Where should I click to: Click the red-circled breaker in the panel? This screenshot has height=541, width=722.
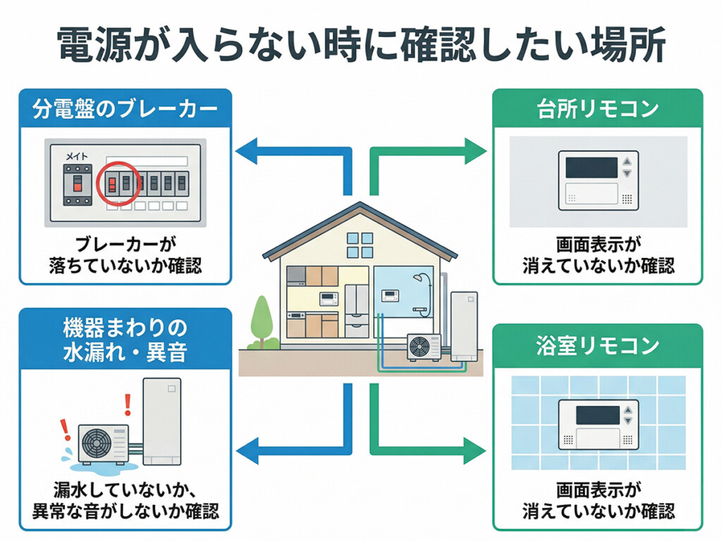(x=117, y=184)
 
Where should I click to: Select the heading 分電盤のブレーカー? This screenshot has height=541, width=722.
(x=124, y=108)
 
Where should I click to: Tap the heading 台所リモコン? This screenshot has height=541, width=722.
(x=597, y=108)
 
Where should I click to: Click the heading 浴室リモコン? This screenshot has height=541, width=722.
(x=597, y=345)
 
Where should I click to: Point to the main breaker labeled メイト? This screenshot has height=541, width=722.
(x=76, y=185)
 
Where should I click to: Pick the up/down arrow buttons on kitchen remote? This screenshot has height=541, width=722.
(x=625, y=168)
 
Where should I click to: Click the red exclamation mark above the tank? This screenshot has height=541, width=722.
(x=128, y=404)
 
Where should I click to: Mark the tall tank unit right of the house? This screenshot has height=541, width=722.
(x=463, y=325)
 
